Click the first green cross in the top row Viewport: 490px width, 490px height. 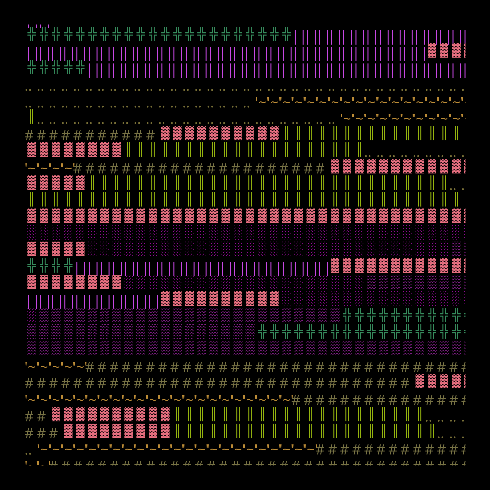[32, 34]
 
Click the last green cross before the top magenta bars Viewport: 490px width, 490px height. [286, 34]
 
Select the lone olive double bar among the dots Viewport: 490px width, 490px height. [32, 116]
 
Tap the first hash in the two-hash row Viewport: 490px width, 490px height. [29, 416]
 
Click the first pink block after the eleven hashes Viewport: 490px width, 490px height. [165, 133]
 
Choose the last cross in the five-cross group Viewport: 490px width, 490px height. [80, 67]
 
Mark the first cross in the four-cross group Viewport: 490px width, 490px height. [32, 265]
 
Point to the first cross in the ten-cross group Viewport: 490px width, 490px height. [347, 315]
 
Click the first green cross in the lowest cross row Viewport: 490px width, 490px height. [262, 331]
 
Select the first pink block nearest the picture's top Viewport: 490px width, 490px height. [432, 50]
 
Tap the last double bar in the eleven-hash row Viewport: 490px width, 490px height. [456, 133]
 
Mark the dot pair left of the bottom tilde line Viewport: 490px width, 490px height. [28, 453]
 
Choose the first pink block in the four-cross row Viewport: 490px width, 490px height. [335, 266]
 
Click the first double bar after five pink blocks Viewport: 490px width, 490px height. [92, 183]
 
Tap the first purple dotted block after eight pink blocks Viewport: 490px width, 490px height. [129, 282]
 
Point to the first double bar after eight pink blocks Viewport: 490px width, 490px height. [129, 150]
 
